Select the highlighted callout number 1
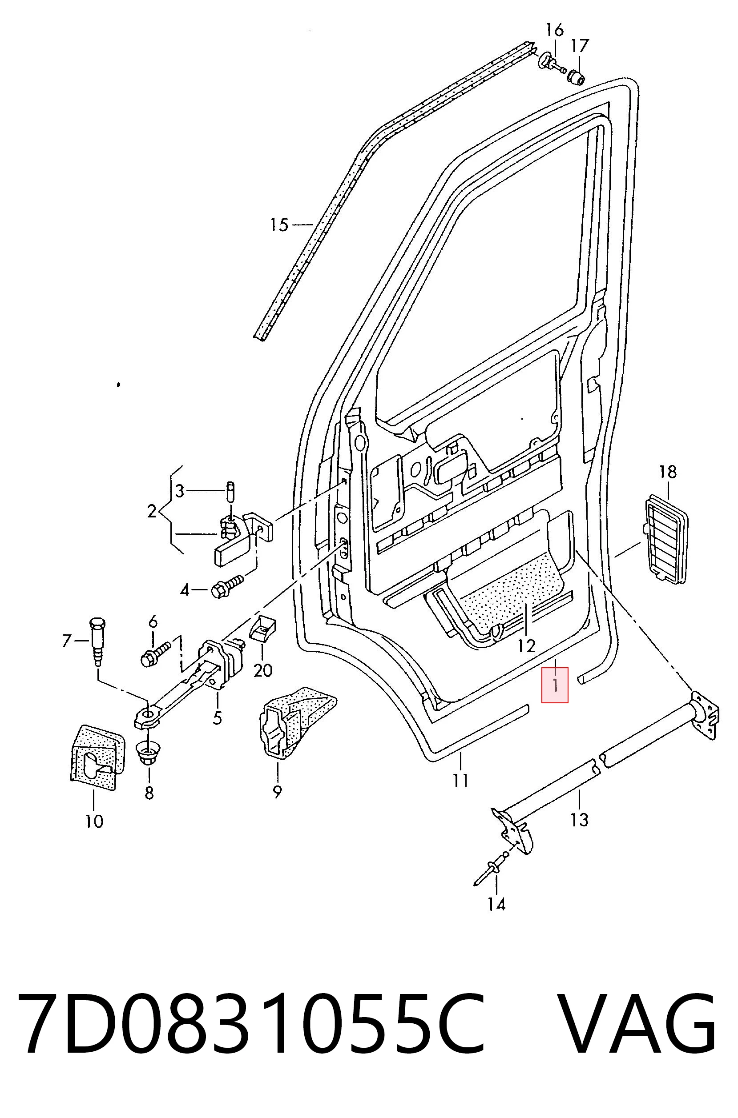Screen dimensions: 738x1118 (x=555, y=685)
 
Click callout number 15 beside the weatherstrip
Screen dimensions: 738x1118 (x=279, y=225)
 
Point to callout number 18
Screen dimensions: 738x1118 (x=667, y=471)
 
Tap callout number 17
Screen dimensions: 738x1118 (x=580, y=46)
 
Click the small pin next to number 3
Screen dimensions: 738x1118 (x=230, y=491)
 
